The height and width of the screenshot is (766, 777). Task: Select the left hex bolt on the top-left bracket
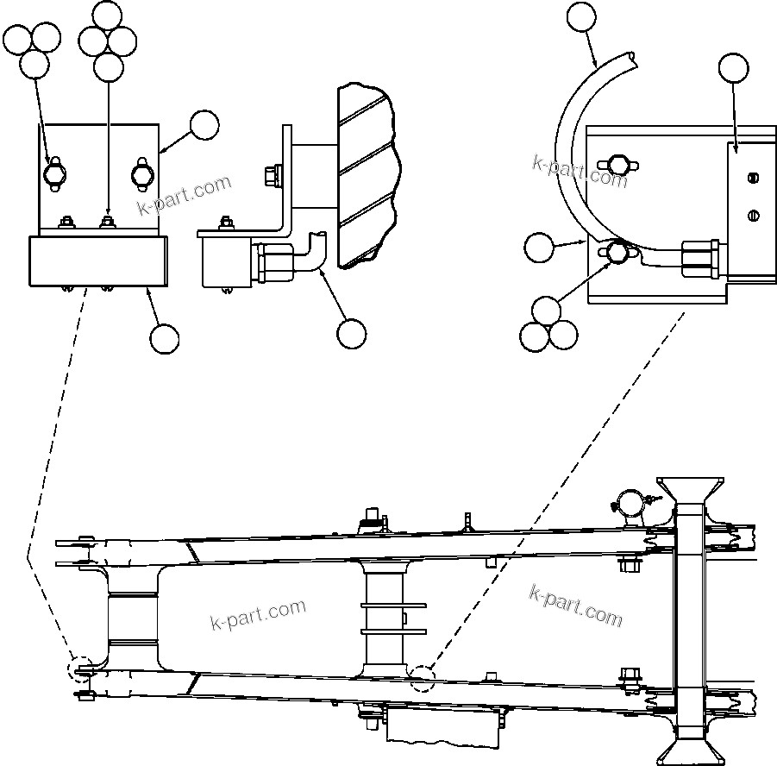click(x=53, y=173)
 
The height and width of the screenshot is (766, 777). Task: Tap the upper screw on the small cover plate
click(x=752, y=179)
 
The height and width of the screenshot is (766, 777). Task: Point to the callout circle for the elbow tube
click(x=351, y=333)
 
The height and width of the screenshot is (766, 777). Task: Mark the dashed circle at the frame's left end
click(x=83, y=669)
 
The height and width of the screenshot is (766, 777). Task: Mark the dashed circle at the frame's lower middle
click(x=423, y=678)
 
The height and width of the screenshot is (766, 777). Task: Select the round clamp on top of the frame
click(x=630, y=503)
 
